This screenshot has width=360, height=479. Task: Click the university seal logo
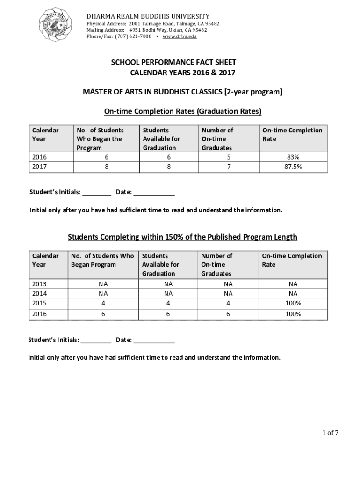58,24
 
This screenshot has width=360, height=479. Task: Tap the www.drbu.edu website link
180,36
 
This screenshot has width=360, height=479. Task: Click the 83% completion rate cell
293,158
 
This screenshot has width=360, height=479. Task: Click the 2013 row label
39,284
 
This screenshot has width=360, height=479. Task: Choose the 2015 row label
39,303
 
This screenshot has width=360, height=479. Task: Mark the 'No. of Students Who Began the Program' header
100,139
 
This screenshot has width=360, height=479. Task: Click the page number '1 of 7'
330,433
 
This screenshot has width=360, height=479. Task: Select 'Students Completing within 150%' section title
182,237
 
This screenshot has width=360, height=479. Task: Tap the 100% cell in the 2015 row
293,303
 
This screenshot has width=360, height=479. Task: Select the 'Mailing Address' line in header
147,30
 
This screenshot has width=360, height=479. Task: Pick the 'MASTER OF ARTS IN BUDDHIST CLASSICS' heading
182,92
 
